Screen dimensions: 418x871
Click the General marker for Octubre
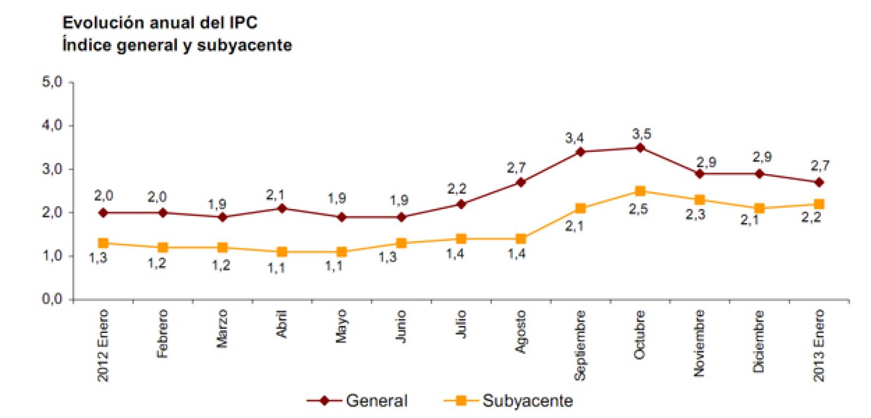point(640,147)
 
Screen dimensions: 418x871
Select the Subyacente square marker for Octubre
point(640,191)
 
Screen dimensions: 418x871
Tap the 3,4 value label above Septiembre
point(574,138)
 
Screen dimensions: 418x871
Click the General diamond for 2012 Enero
point(103,213)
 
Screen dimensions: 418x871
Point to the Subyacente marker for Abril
point(282,252)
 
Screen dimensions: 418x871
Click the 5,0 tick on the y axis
point(52,82)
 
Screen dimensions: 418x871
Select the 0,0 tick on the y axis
point(52,299)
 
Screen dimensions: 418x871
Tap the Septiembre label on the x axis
point(580,345)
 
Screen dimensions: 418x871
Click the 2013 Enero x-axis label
point(819,345)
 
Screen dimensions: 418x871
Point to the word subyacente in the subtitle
point(244,45)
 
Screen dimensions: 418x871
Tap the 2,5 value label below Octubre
point(638,210)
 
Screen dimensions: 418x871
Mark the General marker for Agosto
point(521,182)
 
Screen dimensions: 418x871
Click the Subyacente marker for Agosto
point(521,239)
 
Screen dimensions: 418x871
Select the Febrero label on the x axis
point(162,334)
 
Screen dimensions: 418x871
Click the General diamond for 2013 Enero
point(819,182)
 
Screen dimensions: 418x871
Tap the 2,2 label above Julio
point(457,189)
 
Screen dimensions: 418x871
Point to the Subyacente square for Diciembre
point(759,208)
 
